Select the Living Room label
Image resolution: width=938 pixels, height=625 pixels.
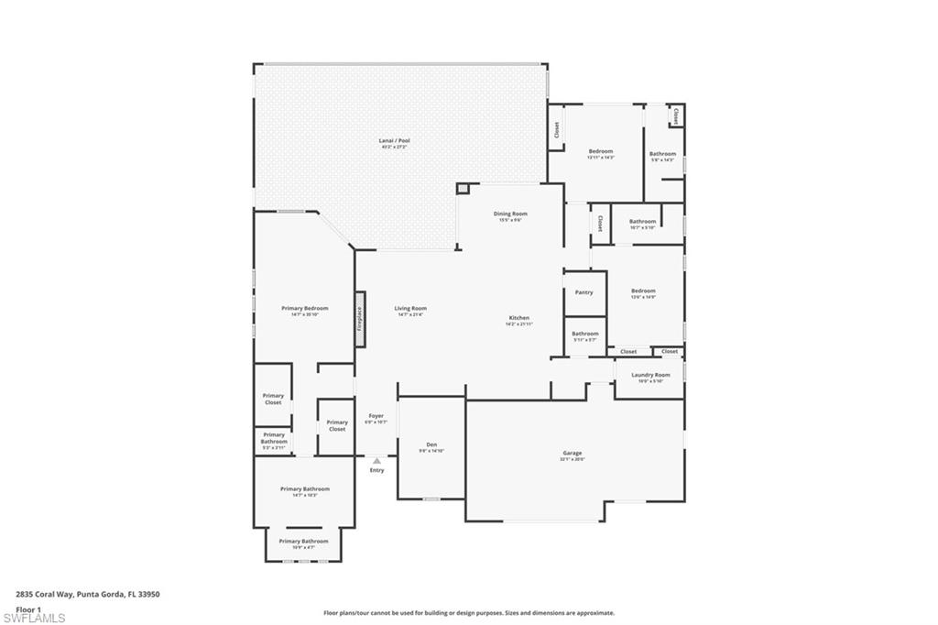pos(410,310)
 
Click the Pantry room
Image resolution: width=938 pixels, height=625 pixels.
pos(584,292)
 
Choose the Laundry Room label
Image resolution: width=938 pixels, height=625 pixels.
pos(650,376)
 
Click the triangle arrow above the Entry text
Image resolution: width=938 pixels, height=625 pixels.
pos(376,461)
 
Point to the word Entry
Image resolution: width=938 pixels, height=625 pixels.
pos(376,470)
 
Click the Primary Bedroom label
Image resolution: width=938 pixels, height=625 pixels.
pos(304,310)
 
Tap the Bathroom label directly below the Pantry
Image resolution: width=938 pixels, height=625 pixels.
pos(584,334)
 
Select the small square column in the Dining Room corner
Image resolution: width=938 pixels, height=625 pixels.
pos(463,189)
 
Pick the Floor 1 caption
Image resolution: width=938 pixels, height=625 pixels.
pos(29,609)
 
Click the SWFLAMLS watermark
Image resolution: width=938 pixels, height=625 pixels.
pos(34,618)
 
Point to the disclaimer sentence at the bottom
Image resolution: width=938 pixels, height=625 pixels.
pos(468,613)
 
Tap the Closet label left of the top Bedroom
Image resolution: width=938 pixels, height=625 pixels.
pos(556,130)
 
